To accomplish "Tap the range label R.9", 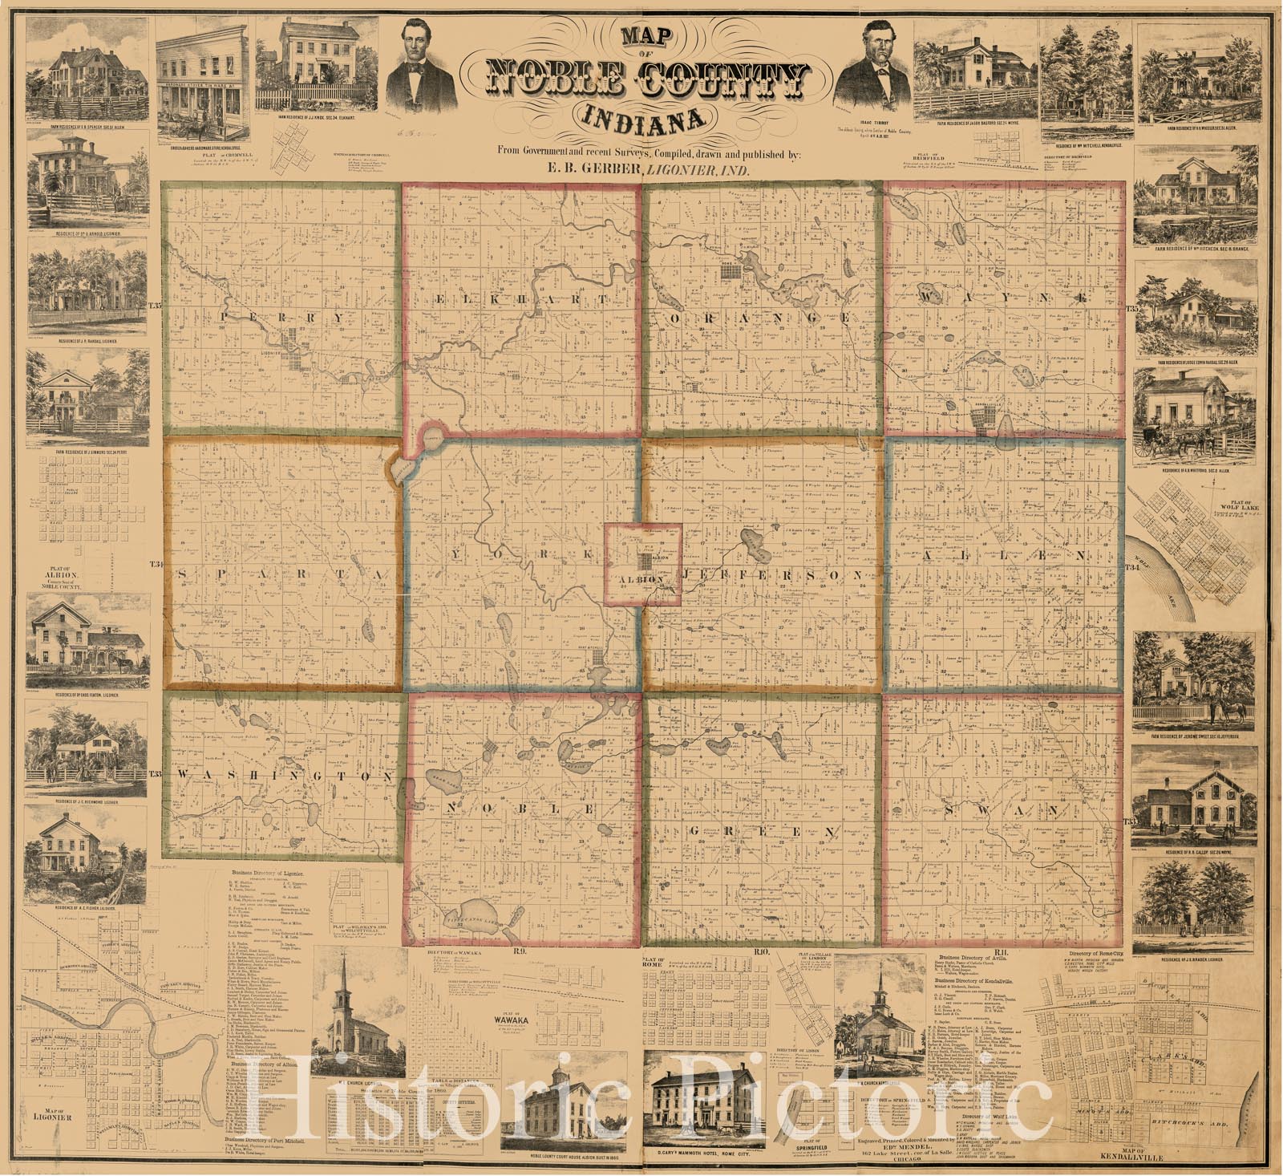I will (x=520, y=951).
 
